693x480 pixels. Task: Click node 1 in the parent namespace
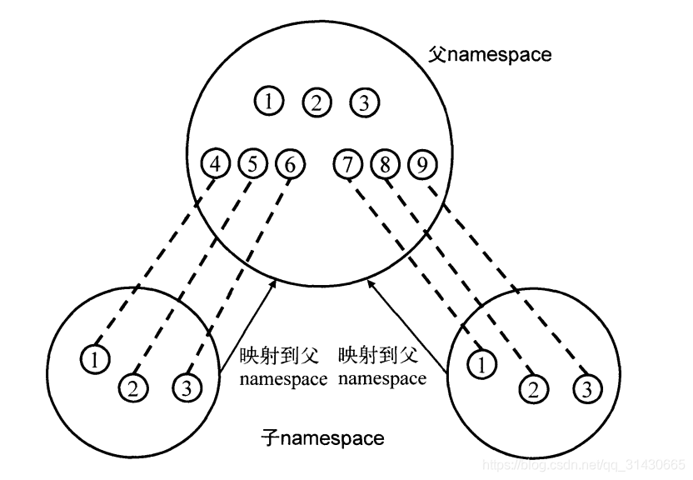pos(268,102)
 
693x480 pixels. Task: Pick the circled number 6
pos(288,164)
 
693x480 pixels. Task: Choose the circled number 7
pos(347,164)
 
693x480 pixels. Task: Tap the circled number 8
pos(385,164)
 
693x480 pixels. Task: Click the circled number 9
pos(422,164)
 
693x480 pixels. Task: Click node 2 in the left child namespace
pos(132,386)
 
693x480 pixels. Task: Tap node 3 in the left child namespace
pos(186,386)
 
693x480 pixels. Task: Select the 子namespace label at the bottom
pos(322,437)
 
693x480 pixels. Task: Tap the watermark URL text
pos(583,463)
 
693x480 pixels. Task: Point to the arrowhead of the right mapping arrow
pos(370,284)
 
